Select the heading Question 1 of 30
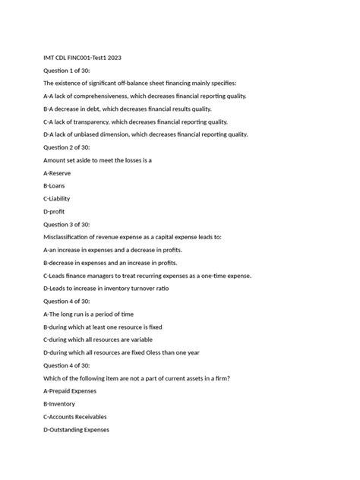(67, 69)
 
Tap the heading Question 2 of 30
(67, 147)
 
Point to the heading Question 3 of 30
(67, 224)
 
